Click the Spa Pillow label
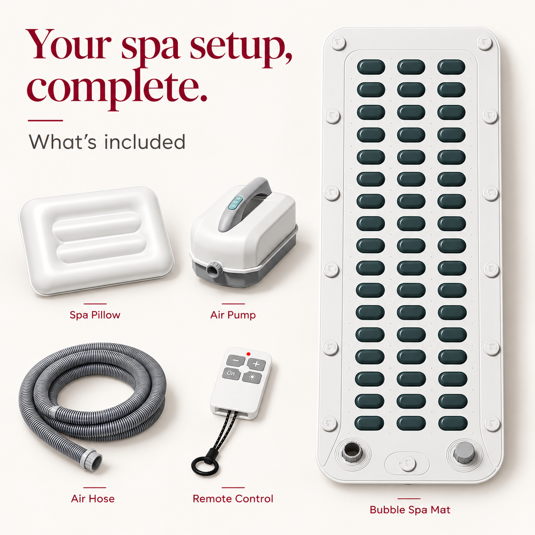[x=95, y=315]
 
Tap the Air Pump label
[x=233, y=315]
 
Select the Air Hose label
[x=93, y=498]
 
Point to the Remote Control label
[x=233, y=498]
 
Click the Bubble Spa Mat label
[x=410, y=510]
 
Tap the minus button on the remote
[x=235, y=360]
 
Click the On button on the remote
[x=231, y=374]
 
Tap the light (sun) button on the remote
[x=252, y=378]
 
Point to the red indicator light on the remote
[x=248, y=354]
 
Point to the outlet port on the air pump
[x=214, y=269]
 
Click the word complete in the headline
[x=117, y=88]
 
